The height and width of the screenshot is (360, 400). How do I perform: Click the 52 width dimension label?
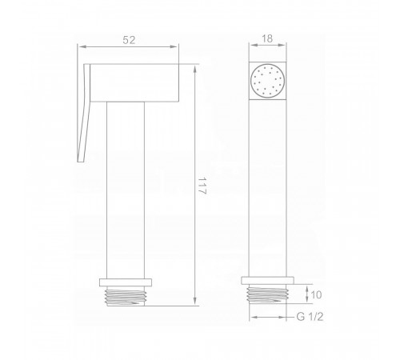(129, 40)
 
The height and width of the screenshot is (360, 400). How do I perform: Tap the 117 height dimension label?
(202, 186)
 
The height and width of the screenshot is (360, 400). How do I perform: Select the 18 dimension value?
(267, 38)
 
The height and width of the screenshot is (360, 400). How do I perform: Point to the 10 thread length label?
(316, 294)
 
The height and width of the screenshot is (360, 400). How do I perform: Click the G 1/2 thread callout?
(310, 317)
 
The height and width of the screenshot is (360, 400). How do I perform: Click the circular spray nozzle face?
(267, 81)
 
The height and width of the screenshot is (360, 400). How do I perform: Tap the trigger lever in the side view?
(84, 113)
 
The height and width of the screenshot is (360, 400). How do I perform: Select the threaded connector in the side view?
(126, 296)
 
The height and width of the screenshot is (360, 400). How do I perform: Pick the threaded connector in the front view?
(267, 294)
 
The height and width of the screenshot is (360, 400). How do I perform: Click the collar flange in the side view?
(126, 282)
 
